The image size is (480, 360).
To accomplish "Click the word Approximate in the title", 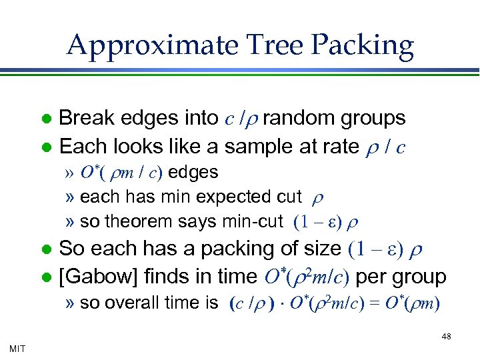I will pos(151,45).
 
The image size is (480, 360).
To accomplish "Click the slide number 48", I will pos(446,337).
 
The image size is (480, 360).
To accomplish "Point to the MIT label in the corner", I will pos(19,348).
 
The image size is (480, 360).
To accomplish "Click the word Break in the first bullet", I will pos(84,118).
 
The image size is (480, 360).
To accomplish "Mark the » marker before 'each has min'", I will pos(71,197).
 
